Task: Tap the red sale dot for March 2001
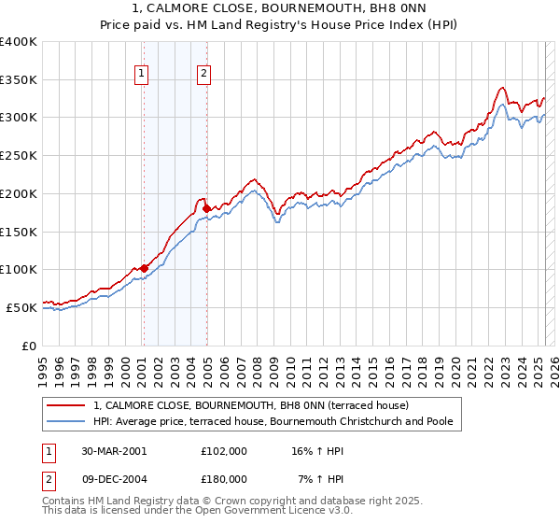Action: click(x=144, y=268)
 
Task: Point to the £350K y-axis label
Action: click(x=19, y=80)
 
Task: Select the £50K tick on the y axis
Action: click(x=22, y=307)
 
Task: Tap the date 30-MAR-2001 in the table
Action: click(x=114, y=451)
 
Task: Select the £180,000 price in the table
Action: click(x=223, y=478)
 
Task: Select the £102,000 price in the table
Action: click(x=223, y=451)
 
